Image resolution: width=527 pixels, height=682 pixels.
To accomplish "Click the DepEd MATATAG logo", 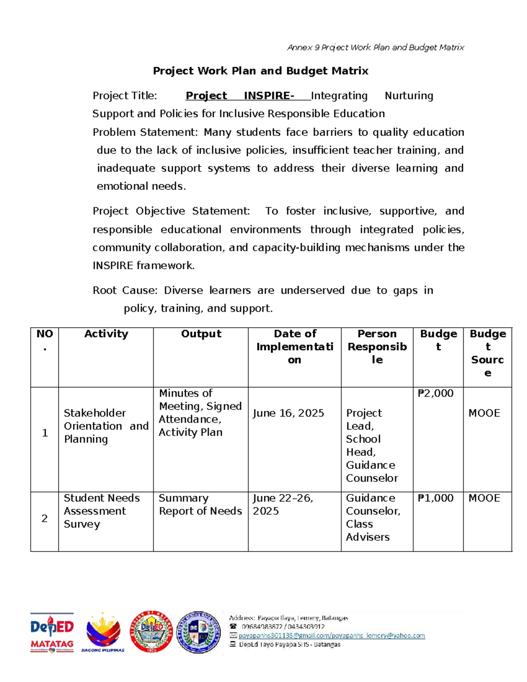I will [52, 633].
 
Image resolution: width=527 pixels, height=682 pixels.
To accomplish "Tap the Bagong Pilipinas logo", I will [103, 633].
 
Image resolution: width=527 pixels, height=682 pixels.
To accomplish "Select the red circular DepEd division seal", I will [152, 631].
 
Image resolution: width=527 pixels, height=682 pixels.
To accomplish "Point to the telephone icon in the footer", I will [233, 627].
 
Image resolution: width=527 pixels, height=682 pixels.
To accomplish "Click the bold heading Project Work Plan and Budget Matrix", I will [260, 71].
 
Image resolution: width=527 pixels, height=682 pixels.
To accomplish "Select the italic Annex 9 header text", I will [375, 47].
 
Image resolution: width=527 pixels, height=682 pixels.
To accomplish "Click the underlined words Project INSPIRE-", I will [240, 96].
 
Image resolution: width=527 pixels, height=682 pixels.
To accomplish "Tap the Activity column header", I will [106, 334].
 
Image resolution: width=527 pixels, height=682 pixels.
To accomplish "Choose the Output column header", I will [201, 334].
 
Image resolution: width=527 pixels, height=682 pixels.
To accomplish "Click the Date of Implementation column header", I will [295, 346].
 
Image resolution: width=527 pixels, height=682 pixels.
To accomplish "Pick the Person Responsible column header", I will [377, 346].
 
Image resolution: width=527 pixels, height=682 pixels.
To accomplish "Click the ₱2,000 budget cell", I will [436, 393].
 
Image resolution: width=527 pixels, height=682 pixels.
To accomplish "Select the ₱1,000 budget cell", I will [436, 498].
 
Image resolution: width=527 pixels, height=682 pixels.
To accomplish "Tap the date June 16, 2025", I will [288, 413].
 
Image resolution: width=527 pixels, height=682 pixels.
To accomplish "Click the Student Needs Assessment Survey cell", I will [101, 511].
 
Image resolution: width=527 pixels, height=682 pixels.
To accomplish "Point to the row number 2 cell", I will [44, 519].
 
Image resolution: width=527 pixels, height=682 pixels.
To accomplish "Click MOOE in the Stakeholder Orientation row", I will [484, 413].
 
